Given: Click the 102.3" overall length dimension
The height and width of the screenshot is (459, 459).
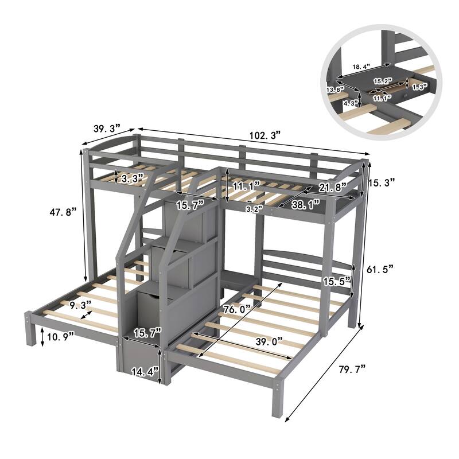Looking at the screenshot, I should point(265,135).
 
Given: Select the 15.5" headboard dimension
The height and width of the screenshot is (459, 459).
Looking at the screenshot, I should point(336,281).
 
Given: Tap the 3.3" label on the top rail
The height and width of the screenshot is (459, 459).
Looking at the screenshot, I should point(133,178).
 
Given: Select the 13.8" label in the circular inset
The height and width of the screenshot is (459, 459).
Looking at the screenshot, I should point(334,90).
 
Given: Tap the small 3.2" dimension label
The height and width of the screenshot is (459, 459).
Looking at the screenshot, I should point(253,209).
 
